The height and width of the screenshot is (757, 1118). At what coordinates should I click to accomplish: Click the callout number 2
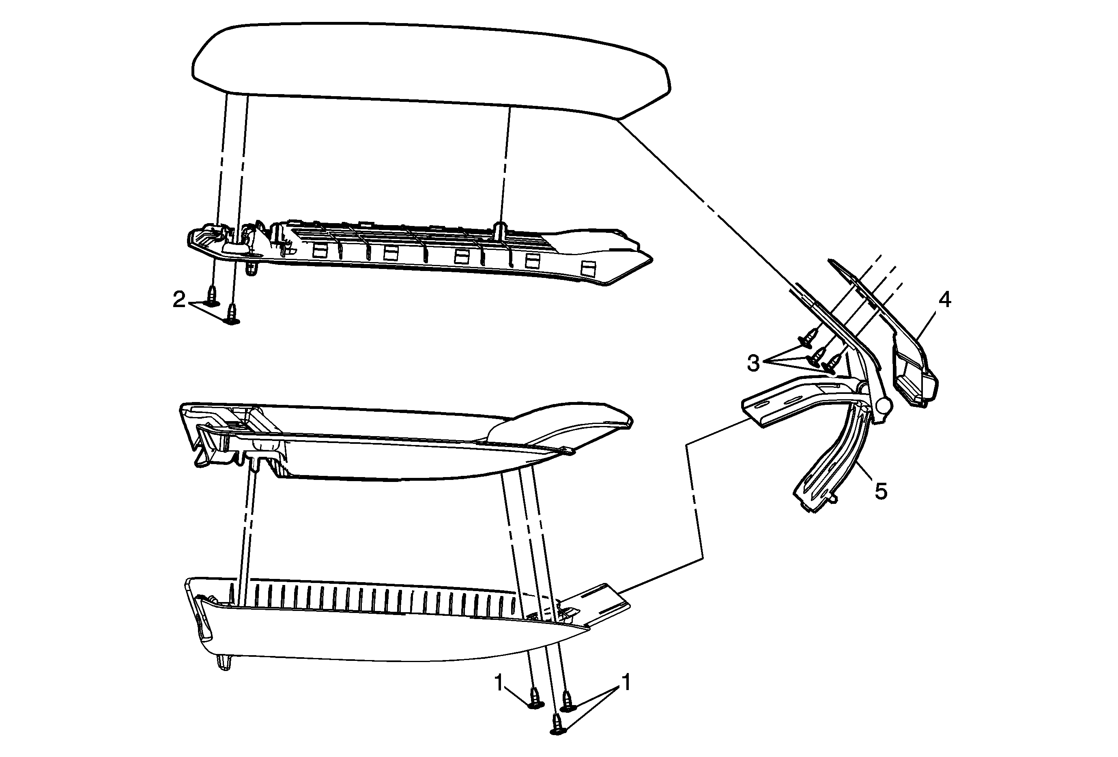pos(179,300)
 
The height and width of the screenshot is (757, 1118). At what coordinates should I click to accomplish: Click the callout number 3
pos(753,363)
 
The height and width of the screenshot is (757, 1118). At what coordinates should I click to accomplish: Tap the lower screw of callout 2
pos(232,314)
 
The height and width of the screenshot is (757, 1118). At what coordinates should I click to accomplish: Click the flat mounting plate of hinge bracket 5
pos(774,402)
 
